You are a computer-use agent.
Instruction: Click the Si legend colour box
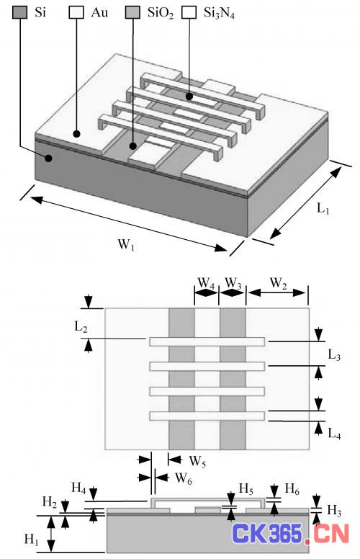coord(19,12)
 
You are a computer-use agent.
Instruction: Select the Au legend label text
coord(99,12)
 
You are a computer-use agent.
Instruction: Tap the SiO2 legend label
coord(161,13)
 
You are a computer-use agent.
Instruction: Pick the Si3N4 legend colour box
coord(189,12)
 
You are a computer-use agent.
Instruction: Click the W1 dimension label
coord(126,245)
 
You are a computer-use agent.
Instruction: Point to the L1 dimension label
coord(323,209)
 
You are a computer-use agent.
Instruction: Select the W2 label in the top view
coord(279,283)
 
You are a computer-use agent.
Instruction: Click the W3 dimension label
coord(233,283)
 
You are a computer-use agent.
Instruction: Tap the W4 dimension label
coord(206,283)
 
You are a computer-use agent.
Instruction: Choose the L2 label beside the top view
coord(81,326)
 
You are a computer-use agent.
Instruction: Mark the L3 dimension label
coord(334,355)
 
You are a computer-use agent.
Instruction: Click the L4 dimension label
coord(334,434)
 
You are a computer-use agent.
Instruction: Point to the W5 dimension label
coord(197,461)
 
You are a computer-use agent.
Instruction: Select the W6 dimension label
coord(184,478)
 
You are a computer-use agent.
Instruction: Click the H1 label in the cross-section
coord(32,540)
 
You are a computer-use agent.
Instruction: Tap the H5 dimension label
coord(246,489)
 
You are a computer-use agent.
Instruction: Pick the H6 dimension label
coord(292,490)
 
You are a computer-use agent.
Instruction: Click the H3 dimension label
coord(334,511)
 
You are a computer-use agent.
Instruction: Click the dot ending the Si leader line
coord(48,158)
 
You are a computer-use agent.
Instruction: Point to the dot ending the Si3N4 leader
coord(189,97)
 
